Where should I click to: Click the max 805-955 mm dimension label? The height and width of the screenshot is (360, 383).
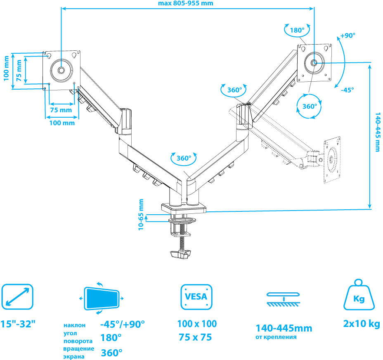[186, 3]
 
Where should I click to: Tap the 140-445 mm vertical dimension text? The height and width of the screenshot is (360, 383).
[378, 132]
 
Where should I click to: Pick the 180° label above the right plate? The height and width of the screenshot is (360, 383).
[296, 30]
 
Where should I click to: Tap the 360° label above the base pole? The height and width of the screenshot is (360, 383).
[184, 158]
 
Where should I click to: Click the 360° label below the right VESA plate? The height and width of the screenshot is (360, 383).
[309, 106]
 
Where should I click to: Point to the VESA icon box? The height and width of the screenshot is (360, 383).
[196, 296]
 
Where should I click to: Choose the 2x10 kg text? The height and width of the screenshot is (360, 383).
[362, 324]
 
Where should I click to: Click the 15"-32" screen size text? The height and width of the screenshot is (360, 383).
[18, 324]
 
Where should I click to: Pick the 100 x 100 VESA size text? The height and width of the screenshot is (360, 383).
[197, 324]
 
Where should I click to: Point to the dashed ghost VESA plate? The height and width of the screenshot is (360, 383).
[333, 158]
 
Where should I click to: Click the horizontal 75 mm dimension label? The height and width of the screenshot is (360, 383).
[60, 110]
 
